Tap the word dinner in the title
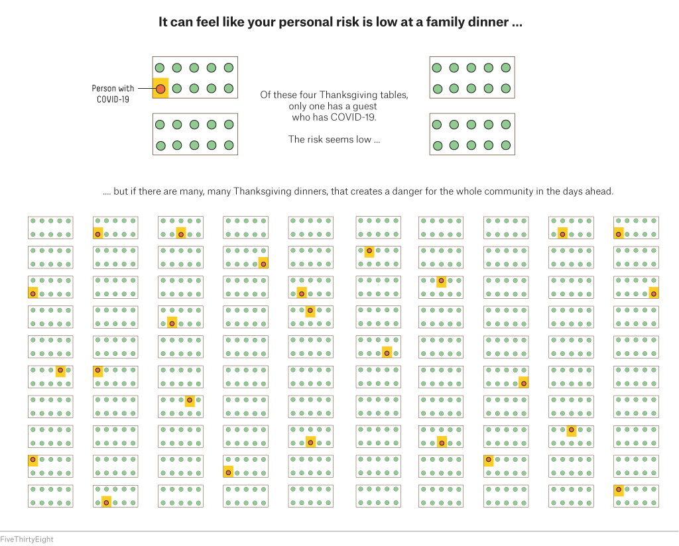click(x=489, y=22)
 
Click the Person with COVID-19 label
click(x=113, y=94)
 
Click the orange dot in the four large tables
click(x=160, y=89)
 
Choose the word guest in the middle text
click(x=365, y=107)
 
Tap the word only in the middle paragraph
click(x=298, y=107)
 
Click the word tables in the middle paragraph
click(x=393, y=95)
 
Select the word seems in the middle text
click(x=336, y=139)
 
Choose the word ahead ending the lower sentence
click(x=601, y=191)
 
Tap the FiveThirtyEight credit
click(x=27, y=539)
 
